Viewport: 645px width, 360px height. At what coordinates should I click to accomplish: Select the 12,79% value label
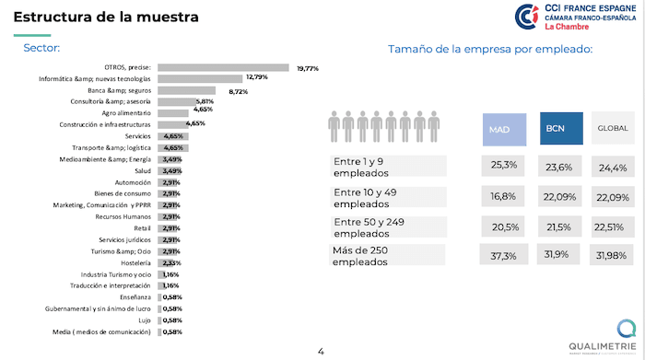[x=256, y=78]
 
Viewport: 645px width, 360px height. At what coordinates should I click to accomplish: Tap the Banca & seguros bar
[x=188, y=90]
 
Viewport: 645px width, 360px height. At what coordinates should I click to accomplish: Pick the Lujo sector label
[x=145, y=319]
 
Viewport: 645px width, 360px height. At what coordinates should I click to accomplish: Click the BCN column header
[x=561, y=130]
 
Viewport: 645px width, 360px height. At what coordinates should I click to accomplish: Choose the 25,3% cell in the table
[x=504, y=166]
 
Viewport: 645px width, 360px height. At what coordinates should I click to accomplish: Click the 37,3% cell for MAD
[x=504, y=255]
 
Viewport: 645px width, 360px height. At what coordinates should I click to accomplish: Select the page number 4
[x=321, y=351]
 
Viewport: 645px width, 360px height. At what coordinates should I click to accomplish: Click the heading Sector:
[x=41, y=48]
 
